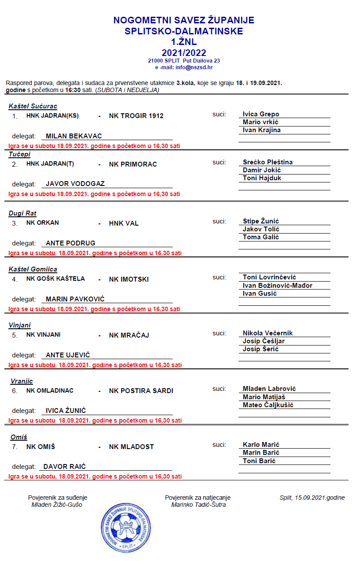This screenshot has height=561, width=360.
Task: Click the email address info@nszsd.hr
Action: [x=194, y=67]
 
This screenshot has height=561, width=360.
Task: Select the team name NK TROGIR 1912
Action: [x=136, y=116]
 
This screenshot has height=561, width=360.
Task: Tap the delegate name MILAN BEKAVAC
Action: [x=74, y=136]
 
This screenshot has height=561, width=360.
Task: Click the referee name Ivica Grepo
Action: [x=261, y=114]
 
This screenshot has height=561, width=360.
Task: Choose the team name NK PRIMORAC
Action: [x=133, y=164]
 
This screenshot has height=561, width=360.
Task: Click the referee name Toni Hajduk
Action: [x=262, y=178]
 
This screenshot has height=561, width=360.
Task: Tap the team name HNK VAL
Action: [x=124, y=223]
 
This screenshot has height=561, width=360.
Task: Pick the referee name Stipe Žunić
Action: [x=261, y=221]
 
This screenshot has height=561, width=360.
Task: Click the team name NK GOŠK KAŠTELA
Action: [x=56, y=279]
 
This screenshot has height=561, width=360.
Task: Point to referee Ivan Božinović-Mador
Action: [x=278, y=286]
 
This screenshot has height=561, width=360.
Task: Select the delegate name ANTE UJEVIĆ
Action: [x=68, y=355]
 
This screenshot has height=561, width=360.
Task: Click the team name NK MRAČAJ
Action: [x=129, y=335]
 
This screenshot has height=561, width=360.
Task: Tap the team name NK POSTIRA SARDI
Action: [x=141, y=391]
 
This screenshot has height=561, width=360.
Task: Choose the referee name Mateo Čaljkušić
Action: [x=268, y=405]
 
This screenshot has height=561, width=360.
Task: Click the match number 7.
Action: [x=15, y=447]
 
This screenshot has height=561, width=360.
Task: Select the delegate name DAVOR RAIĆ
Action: [x=64, y=466]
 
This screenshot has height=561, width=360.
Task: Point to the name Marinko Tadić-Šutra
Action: [x=198, y=505]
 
